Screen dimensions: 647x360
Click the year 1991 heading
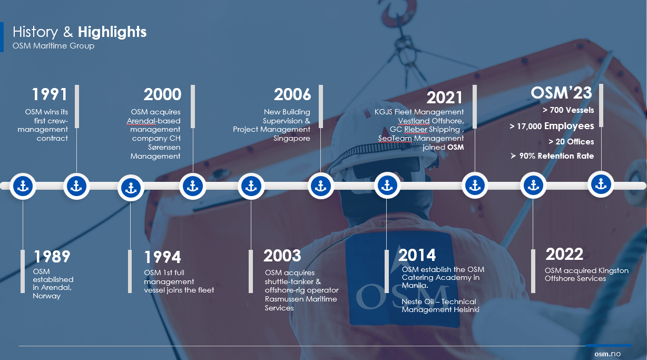[x=50, y=94]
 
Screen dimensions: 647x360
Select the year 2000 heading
[x=162, y=94]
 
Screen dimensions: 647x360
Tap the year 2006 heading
[x=292, y=94]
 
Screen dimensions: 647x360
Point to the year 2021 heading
[x=445, y=98]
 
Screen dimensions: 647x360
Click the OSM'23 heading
[x=561, y=93]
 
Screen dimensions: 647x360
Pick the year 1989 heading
[x=52, y=257]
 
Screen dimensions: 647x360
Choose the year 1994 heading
[x=162, y=257]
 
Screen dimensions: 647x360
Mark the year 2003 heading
[x=282, y=256]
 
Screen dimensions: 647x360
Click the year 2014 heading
[x=417, y=255]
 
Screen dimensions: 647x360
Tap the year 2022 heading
[x=564, y=254]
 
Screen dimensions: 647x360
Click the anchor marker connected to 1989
[x=23, y=187]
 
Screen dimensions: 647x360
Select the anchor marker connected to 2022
[x=533, y=185]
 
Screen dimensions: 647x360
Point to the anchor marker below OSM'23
[x=601, y=184]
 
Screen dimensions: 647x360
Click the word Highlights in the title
[x=112, y=32]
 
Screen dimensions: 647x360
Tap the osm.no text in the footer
[x=607, y=354]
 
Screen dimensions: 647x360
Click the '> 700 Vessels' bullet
[x=568, y=110]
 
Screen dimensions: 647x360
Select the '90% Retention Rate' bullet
[x=552, y=156]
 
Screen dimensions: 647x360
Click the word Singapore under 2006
[x=292, y=139]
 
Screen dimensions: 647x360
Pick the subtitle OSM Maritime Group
[x=53, y=46]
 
